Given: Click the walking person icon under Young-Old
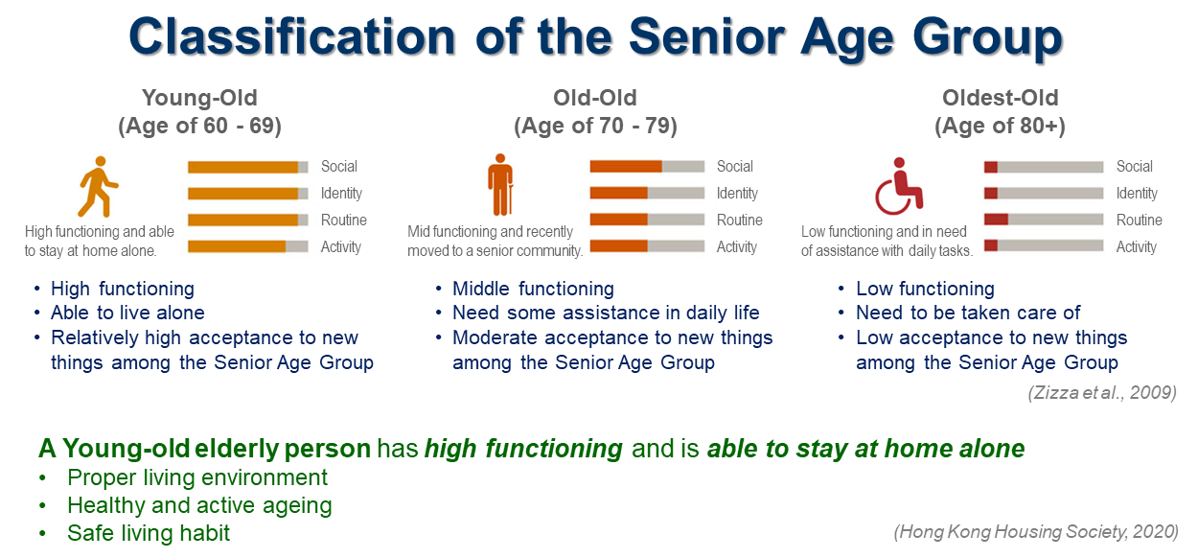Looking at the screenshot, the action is pyautogui.click(x=99, y=186).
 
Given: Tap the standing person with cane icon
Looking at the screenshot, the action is pyautogui.click(x=500, y=185).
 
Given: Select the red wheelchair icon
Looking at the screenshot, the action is pyautogui.click(x=899, y=186).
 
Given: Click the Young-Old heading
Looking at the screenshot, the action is pyautogui.click(x=199, y=98).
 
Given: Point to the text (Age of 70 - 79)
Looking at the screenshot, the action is pyautogui.click(x=595, y=127).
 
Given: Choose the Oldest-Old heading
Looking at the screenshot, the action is pyautogui.click(x=1001, y=98).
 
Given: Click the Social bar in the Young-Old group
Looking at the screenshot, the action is pyautogui.click(x=248, y=167).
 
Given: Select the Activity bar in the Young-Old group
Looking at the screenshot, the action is pyautogui.click(x=248, y=246).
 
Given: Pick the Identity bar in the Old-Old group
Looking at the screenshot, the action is pyautogui.click(x=647, y=193).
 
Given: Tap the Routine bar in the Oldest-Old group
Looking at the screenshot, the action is pyautogui.click(x=1044, y=219).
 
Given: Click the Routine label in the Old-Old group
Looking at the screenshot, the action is pyautogui.click(x=740, y=220).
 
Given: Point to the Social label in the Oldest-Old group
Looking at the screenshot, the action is pyautogui.click(x=1135, y=167).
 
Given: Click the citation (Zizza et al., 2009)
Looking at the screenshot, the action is pyautogui.click(x=1102, y=393).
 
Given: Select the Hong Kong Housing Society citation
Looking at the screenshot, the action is pyautogui.click(x=1036, y=532).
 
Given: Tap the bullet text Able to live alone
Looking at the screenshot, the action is pyautogui.click(x=127, y=313).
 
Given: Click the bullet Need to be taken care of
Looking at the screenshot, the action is pyautogui.click(x=968, y=313).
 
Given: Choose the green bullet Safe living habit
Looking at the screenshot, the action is pyautogui.click(x=149, y=533).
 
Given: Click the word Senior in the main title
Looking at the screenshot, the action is pyautogui.click(x=707, y=37).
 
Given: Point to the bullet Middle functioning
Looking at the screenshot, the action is pyautogui.click(x=533, y=289).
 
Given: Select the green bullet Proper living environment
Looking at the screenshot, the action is pyautogui.click(x=197, y=477).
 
